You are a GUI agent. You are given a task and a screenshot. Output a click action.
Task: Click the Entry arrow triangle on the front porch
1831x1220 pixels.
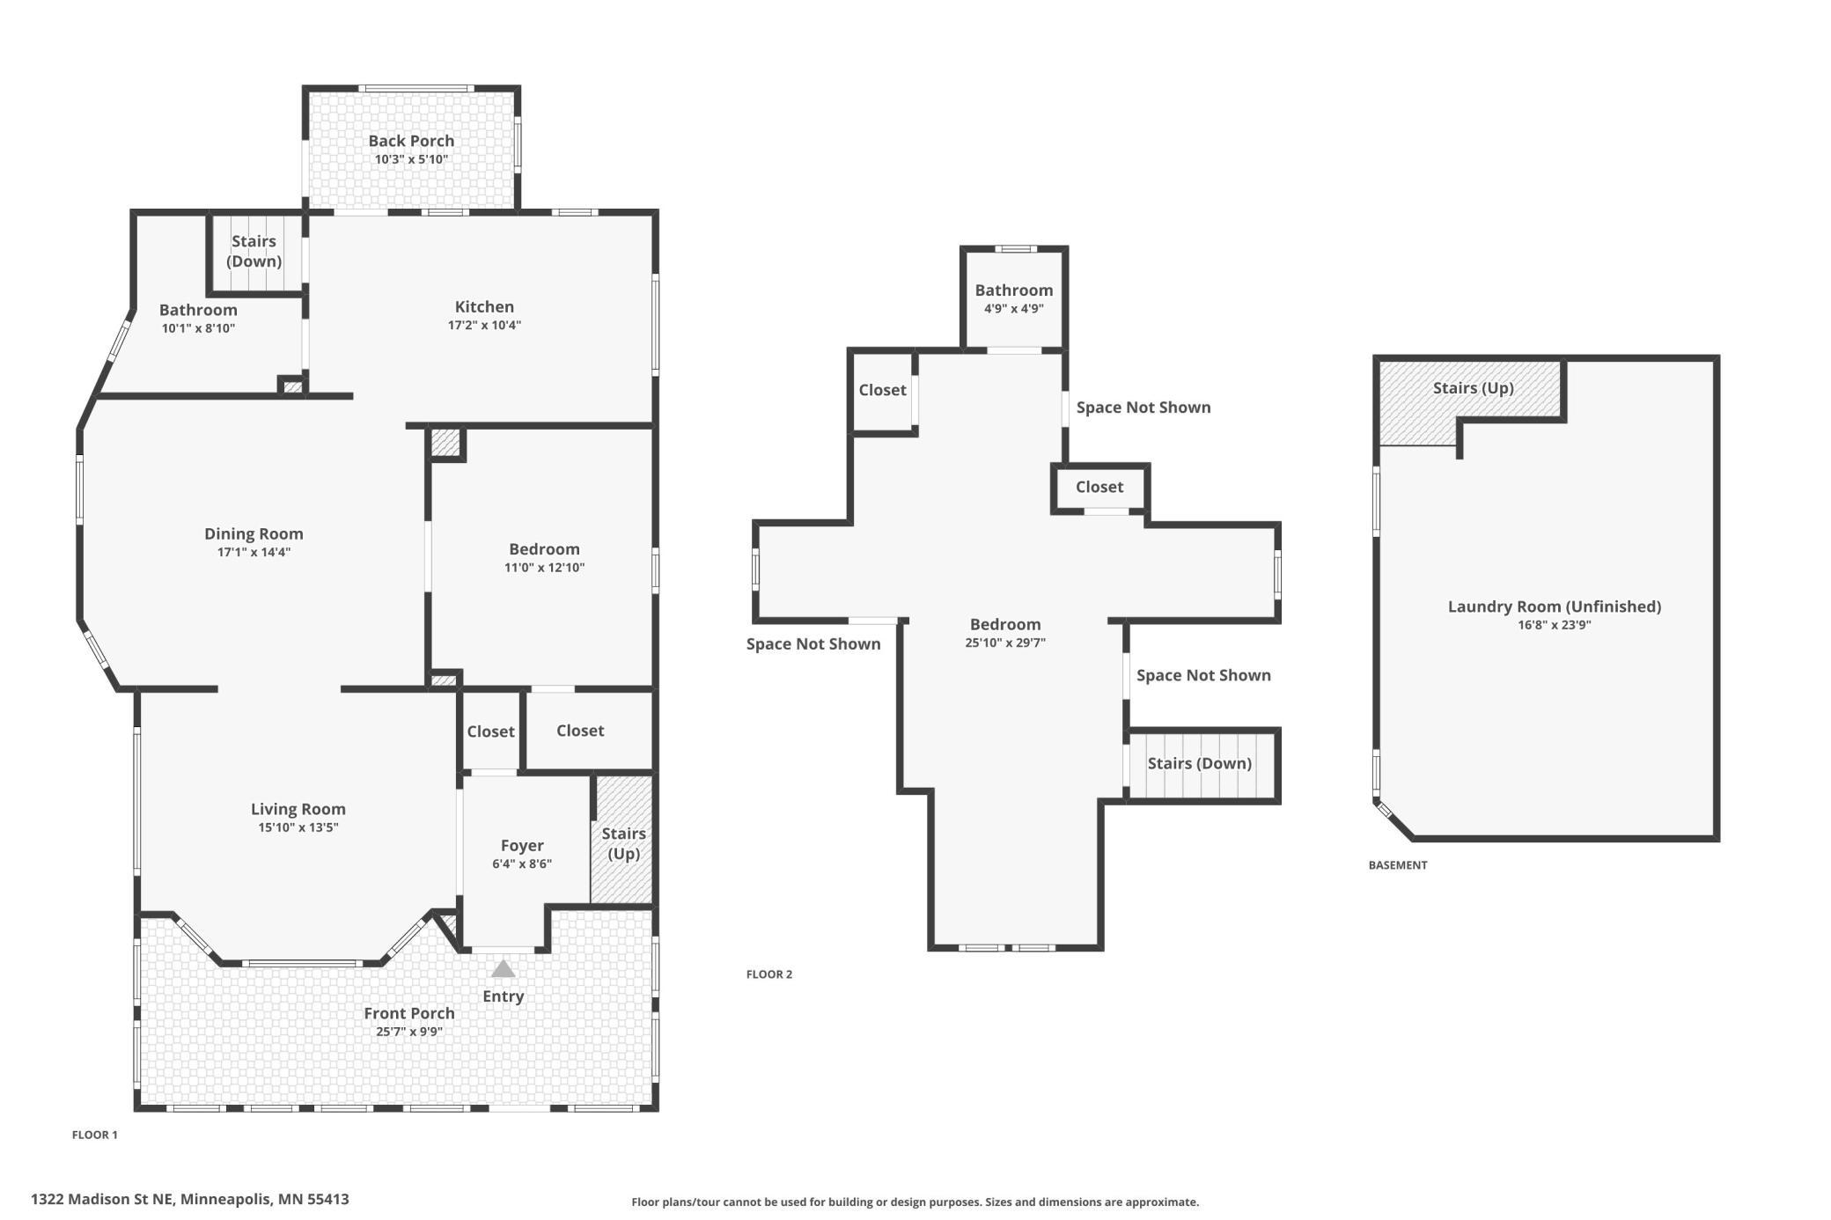point(503,968)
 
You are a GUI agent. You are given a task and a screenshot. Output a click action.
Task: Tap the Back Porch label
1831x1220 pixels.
point(411,141)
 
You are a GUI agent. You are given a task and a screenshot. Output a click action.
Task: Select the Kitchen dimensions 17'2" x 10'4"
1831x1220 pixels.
point(484,325)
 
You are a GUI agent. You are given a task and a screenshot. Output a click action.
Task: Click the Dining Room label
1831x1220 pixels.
point(254,533)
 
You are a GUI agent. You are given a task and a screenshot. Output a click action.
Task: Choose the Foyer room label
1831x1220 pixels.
point(522,845)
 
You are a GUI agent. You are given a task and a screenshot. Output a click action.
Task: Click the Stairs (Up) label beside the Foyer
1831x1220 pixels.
point(623,843)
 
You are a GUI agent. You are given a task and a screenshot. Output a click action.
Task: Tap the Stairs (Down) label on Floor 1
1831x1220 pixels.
point(254,251)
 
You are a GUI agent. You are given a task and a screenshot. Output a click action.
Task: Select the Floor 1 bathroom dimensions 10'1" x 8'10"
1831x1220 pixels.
point(198,328)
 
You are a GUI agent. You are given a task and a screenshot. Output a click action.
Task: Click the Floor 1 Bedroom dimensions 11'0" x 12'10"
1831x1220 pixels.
point(544,568)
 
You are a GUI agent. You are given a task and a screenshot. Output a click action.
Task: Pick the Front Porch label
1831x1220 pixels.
point(409,1013)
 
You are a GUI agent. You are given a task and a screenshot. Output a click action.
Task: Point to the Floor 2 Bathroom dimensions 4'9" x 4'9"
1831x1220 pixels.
point(1014,309)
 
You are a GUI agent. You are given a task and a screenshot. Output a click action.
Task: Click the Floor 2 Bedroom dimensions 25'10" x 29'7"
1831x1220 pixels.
point(1005,643)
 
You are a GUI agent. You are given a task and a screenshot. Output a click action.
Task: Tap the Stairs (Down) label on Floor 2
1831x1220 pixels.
point(1200,763)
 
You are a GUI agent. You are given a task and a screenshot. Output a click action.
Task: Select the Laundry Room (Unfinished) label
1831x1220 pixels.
point(1555,606)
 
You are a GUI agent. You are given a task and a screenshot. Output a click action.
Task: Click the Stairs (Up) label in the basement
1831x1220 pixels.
point(1474,388)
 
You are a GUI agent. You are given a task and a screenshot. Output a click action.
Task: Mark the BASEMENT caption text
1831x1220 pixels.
point(1398,865)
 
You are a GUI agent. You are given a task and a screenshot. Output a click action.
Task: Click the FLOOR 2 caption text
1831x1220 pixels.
point(769,974)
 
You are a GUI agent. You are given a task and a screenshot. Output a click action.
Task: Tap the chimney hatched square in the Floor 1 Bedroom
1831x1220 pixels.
point(446,443)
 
